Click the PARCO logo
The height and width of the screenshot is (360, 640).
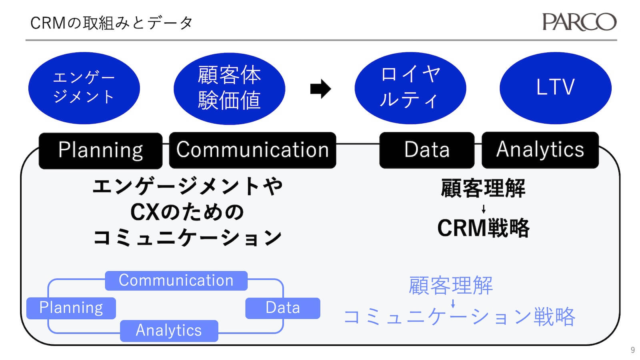(579, 22)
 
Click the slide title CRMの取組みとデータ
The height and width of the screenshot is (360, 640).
(112, 23)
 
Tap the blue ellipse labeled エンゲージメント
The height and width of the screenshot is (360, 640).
(84, 88)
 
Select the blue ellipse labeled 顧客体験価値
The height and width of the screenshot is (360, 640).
(229, 88)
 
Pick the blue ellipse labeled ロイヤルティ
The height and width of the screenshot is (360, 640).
(410, 88)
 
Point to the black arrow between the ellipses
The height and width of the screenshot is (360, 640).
(320, 89)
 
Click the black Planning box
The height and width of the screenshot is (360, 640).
(100, 150)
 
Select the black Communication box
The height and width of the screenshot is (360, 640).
(252, 150)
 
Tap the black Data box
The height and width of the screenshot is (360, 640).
(427, 150)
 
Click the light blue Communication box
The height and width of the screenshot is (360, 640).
(176, 280)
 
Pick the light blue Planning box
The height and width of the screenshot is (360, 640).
(71, 308)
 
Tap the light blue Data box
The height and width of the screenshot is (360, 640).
(282, 308)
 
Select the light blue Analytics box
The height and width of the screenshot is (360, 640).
(169, 330)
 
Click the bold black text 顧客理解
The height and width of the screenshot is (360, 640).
(483, 188)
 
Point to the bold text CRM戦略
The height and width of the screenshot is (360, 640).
(483, 228)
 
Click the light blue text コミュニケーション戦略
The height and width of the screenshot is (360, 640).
(459, 317)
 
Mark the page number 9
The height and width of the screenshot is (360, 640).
(632, 350)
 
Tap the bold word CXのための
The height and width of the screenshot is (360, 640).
(187, 212)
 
